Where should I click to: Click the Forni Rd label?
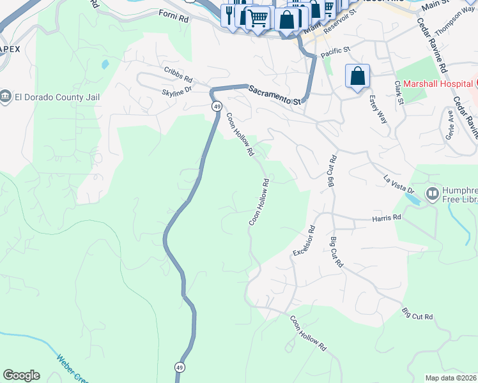174,20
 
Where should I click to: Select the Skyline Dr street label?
177,92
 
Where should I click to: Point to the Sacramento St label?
275,94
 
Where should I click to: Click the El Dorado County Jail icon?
6,97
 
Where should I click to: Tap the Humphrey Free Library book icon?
432,193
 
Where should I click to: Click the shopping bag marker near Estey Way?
358,77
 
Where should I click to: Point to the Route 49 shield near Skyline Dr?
218,105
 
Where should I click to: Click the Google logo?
21,375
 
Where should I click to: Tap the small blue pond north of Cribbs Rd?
104,64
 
